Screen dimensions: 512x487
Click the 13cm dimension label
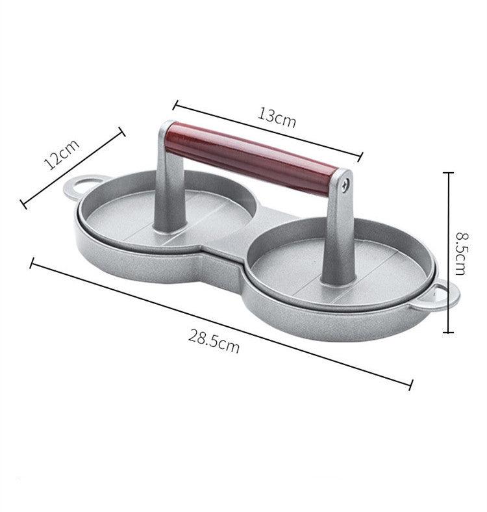tap(277, 117)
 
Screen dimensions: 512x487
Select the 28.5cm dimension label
tap(214, 340)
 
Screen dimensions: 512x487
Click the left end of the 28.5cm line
tap(31, 262)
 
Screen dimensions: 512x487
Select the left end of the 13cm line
tap(175, 101)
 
